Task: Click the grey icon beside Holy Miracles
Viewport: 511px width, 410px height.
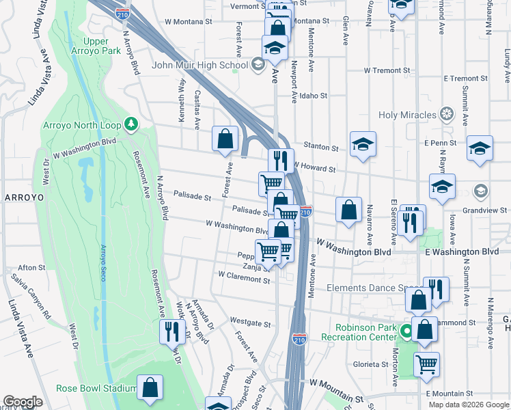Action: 447,113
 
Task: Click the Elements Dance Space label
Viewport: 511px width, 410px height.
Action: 373,288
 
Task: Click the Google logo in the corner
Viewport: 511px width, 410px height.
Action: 23,402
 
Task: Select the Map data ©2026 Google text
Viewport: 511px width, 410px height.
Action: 469,405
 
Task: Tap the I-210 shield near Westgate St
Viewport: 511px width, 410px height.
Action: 299,338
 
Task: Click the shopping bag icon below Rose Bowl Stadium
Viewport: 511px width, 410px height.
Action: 150,387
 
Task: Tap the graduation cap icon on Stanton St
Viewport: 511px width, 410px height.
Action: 363,143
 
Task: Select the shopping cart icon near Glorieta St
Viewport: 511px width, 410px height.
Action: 426,364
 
